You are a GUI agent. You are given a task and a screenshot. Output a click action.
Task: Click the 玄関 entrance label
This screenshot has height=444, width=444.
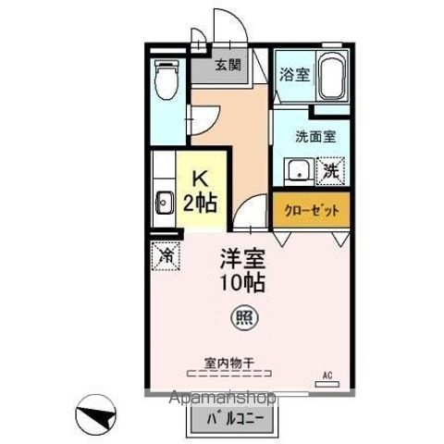[x=228, y=66]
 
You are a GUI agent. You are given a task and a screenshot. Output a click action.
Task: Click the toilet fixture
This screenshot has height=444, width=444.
[x=166, y=81]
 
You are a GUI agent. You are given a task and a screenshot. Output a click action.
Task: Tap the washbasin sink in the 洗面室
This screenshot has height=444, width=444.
[x=298, y=170]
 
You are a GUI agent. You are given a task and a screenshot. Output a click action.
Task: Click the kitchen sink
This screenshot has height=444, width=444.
[x=165, y=203]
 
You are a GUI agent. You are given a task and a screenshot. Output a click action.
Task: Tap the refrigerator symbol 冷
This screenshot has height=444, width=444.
[x=166, y=253]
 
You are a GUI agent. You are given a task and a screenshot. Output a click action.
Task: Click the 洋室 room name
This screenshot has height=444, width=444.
[x=243, y=260]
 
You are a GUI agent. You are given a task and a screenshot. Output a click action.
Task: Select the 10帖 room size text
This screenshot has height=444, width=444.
[x=243, y=284]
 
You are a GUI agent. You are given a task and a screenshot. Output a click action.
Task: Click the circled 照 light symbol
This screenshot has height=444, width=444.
[x=243, y=316]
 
